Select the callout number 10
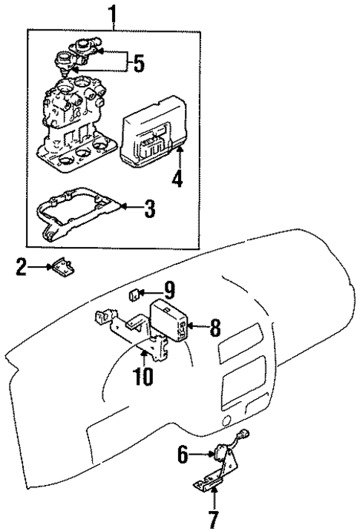point(143,376)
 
